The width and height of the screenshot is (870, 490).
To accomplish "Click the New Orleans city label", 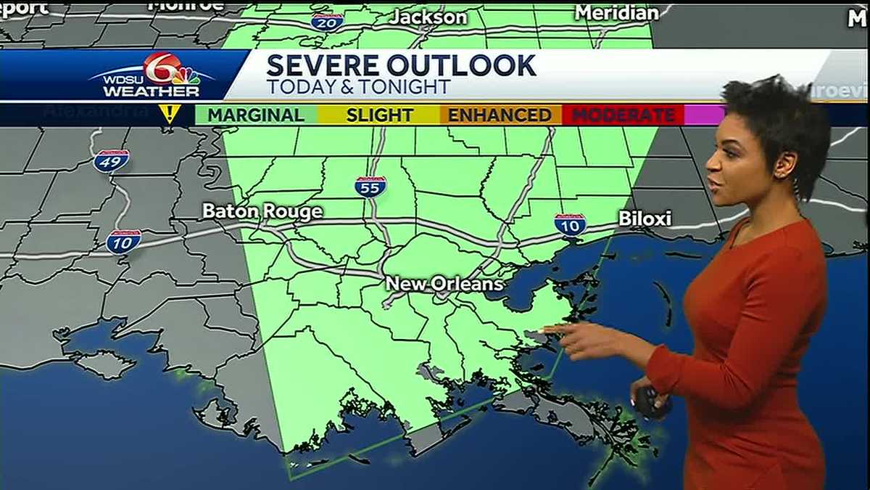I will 444,284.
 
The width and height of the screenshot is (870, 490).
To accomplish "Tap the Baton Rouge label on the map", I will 262,212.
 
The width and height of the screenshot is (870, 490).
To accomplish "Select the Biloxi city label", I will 645,219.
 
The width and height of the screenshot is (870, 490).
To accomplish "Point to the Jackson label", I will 428,16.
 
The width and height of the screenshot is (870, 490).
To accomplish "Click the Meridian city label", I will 616,12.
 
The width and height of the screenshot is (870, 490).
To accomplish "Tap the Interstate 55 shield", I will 370,187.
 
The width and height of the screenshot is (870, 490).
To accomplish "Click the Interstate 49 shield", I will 111,160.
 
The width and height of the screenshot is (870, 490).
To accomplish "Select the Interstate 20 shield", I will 327,22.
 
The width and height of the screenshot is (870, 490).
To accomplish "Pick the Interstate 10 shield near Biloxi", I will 570,224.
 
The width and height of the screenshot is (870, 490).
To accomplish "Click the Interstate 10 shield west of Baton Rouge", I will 123,242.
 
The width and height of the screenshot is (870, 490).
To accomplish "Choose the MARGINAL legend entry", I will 255,115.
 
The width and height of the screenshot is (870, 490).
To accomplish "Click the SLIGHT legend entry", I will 379,115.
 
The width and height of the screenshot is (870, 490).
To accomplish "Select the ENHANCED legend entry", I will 500,115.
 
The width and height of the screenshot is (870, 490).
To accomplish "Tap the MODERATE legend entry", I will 623,115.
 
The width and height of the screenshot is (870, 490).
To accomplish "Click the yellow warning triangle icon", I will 170,113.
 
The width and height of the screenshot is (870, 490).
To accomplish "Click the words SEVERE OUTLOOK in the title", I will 401,66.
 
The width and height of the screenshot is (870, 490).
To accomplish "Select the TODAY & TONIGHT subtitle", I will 358,88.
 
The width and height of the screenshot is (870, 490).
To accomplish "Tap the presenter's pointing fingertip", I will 545,329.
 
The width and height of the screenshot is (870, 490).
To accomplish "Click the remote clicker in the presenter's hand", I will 647,400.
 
